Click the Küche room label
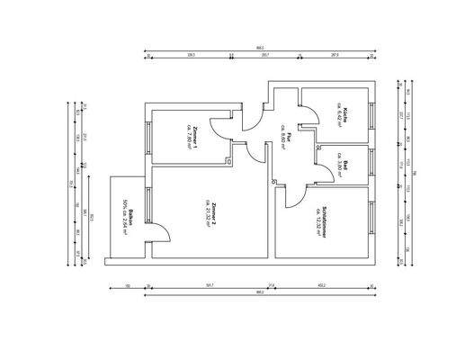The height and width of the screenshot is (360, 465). click(x=345, y=112)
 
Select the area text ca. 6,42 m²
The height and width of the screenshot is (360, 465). click(x=338, y=112)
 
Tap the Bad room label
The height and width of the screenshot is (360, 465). click(x=345, y=165)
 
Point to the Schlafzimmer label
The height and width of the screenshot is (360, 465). click(x=324, y=220)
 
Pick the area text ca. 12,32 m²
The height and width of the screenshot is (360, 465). click(x=317, y=220)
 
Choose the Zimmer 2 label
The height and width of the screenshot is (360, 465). click(x=215, y=216)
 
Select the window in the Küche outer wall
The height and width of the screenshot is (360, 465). click(x=371, y=113)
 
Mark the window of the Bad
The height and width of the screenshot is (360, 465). click(x=371, y=164)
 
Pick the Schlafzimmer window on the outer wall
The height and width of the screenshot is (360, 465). click(x=371, y=220)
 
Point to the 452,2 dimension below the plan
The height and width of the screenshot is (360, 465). click(x=321, y=285)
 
